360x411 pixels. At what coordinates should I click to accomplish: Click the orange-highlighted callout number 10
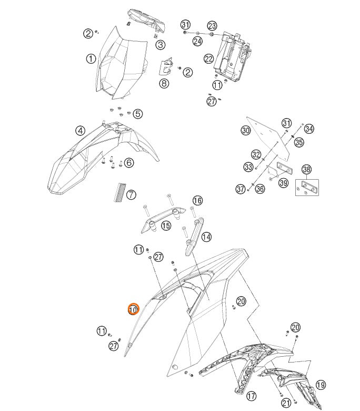133,309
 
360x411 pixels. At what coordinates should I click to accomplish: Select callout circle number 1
91,58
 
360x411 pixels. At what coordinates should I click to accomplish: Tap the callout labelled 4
80,131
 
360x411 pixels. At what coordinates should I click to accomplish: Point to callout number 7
131,195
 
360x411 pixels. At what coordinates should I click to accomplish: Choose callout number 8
164,83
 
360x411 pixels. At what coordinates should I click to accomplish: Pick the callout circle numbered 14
206,237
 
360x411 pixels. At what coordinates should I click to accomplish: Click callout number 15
166,226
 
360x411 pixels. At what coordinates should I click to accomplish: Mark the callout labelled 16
197,201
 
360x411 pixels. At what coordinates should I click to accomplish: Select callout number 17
251,395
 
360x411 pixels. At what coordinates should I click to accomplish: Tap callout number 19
321,385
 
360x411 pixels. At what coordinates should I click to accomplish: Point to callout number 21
286,403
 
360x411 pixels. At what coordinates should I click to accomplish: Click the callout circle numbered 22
209,59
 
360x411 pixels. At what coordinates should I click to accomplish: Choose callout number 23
212,26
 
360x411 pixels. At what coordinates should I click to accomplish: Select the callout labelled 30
246,131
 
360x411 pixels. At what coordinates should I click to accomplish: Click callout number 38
307,170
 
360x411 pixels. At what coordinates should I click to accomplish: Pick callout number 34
309,129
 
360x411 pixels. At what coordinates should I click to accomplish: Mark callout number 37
241,189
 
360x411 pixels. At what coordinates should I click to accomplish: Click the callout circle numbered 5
137,113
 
